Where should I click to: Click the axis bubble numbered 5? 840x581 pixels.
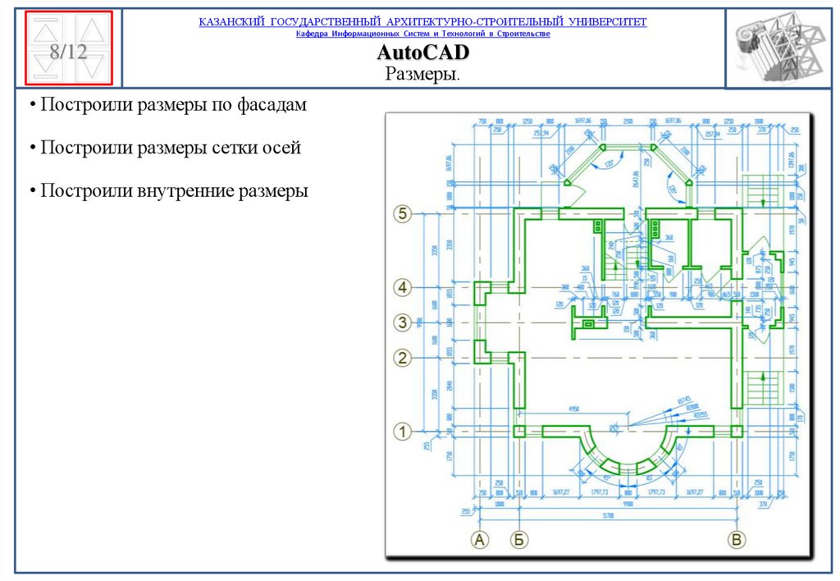click(x=401, y=214)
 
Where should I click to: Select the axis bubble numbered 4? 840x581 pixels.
click(x=401, y=287)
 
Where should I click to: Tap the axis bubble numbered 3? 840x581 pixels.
click(x=401, y=323)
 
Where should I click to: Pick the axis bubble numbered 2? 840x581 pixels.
click(x=401, y=358)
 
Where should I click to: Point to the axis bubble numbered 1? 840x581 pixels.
click(x=402, y=430)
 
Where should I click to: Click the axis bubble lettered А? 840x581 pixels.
click(x=479, y=539)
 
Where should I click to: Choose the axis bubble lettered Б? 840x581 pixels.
click(x=518, y=539)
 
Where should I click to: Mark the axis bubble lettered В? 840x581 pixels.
click(x=737, y=539)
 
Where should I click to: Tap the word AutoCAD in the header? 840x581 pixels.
click(x=422, y=54)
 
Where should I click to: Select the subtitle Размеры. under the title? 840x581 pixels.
click(x=422, y=74)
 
